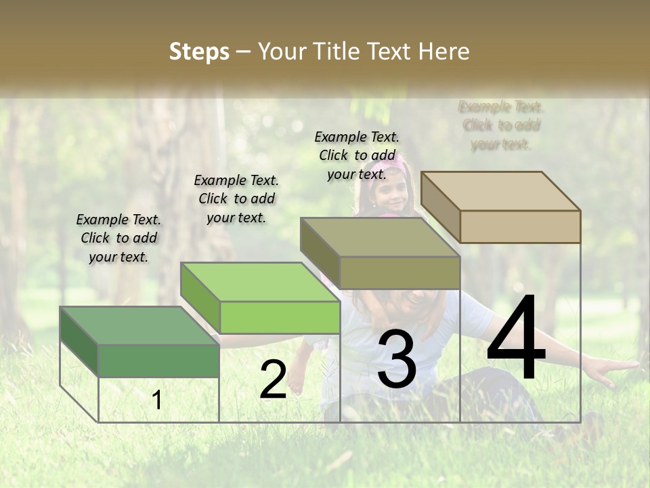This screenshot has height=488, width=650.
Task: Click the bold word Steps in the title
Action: click(199, 52)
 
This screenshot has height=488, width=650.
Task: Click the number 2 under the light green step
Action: click(273, 380)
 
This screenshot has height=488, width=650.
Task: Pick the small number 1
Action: click(157, 400)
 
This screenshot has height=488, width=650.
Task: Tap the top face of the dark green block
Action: click(139, 325)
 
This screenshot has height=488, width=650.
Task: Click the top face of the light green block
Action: click(260, 281)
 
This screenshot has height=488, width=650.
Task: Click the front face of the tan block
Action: click(520, 226)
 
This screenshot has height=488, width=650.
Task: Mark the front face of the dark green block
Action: click(158, 361)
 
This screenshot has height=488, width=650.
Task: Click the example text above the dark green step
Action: click(118, 238)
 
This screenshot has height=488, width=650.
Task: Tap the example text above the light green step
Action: click(236, 199)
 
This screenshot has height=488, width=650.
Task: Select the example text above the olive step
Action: click(357, 155)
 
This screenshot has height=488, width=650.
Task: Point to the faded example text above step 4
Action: click(501, 125)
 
